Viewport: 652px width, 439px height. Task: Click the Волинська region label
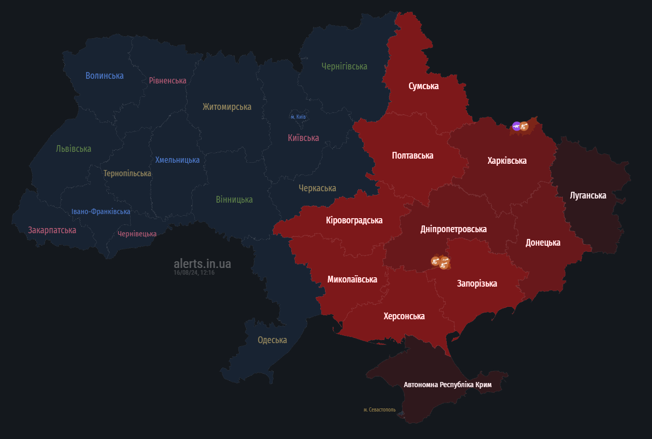(x=104, y=76)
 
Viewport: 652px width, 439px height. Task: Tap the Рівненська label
(x=167, y=80)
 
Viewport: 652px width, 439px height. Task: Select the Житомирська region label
(x=226, y=107)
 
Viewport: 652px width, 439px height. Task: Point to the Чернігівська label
(x=344, y=66)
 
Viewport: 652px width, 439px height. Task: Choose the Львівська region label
(x=74, y=149)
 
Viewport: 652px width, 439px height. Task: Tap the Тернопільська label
(x=127, y=173)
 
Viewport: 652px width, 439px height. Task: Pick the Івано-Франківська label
(x=101, y=211)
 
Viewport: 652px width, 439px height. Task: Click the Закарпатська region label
(x=52, y=230)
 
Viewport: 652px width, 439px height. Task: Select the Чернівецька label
(x=137, y=234)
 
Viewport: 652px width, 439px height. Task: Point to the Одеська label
(x=272, y=340)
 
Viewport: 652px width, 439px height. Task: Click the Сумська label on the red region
(x=423, y=86)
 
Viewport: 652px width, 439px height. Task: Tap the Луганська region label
(x=588, y=195)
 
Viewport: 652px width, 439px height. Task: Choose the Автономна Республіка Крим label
(x=447, y=385)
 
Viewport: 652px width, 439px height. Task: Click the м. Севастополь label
(x=379, y=409)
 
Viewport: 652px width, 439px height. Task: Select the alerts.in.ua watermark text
(x=202, y=264)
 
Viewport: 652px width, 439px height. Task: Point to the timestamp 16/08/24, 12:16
(x=194, y=273)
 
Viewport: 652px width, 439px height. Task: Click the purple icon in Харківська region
(x=516, y=126)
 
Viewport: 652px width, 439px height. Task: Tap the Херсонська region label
(x=404, y=316)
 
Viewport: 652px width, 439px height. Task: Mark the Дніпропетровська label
(x=453, y=229)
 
